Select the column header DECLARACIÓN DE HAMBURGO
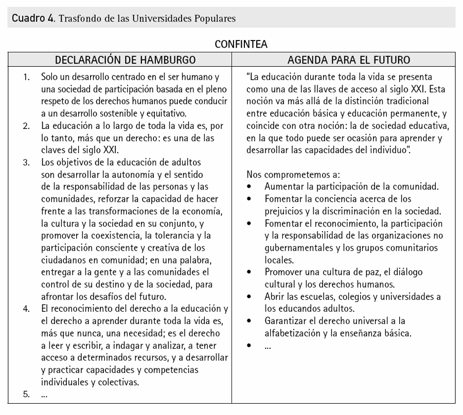pos(125,60)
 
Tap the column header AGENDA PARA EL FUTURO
pos(348,60)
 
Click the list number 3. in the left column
pos(26,163)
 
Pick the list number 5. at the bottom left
pos(26,394)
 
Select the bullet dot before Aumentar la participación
pos(250,186)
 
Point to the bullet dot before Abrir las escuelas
pos(250,297)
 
